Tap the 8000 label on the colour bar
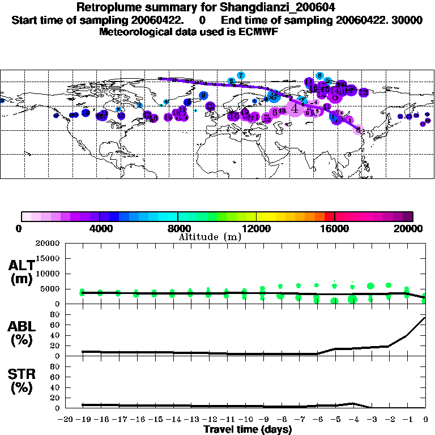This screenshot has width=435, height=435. click(177, 228)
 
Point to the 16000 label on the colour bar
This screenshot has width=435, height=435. click(335, 228)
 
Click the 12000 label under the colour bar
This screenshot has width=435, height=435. click(256, 228)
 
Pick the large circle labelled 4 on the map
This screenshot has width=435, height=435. click(295, 108)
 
